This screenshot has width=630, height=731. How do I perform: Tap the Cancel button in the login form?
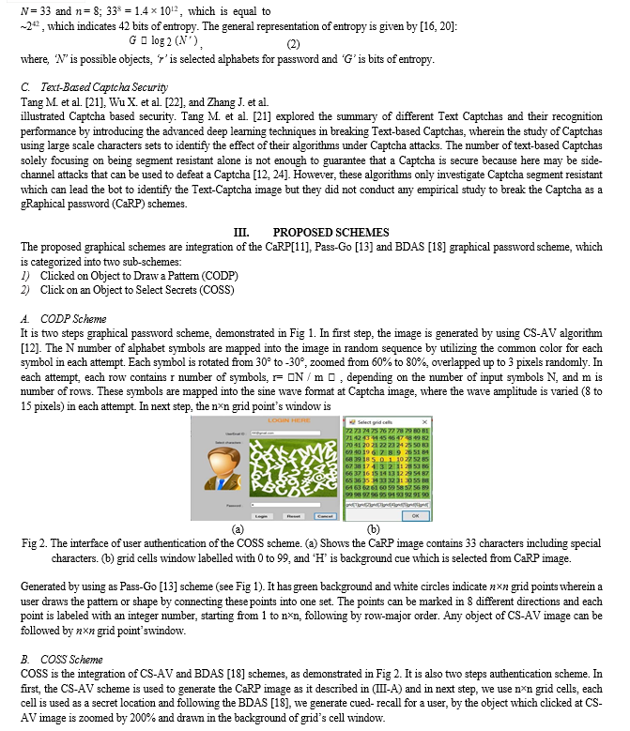325,515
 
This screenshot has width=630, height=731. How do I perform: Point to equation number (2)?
292,44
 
